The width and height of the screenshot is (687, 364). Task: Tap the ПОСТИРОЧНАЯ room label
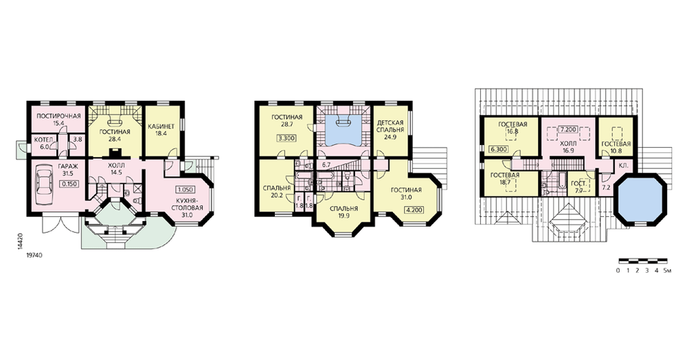point(58,116)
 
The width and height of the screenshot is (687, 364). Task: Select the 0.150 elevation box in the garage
point(69,184)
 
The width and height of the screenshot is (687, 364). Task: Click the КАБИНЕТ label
point(161,126)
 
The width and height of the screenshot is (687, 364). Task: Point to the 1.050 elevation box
point(185,190)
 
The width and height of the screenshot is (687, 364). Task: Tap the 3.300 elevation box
point(286,139)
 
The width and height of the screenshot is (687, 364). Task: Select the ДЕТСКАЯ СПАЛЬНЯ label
point(390,126)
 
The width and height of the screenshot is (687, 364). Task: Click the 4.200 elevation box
point(414,209)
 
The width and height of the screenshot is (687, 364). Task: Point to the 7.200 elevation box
point(568,130)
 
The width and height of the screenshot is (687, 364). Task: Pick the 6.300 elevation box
point(499,149)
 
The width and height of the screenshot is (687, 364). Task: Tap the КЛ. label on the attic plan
point(623,166)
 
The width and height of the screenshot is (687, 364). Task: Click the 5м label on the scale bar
point(668,271)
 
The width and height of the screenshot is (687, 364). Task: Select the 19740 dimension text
point(34,255)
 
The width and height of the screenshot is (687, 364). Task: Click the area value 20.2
point(276,195)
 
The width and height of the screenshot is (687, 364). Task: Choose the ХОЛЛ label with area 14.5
point(116,166)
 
